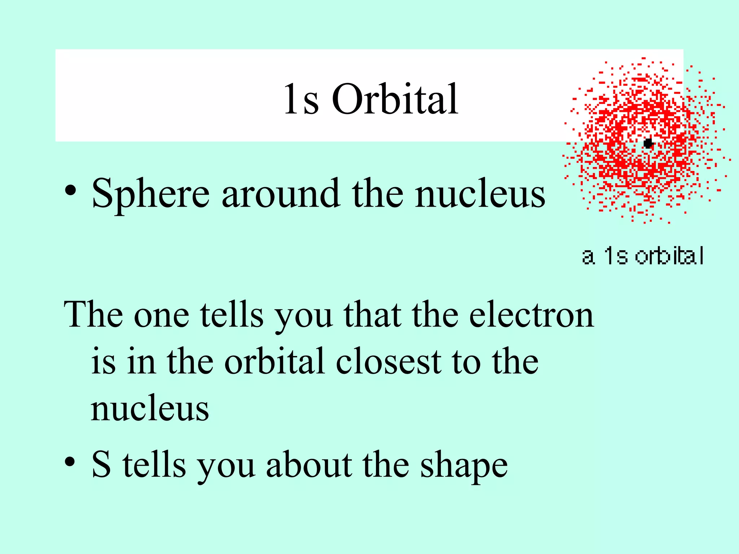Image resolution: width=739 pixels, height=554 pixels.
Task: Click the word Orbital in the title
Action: (395, 99)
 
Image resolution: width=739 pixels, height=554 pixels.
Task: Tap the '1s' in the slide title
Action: (301, 99)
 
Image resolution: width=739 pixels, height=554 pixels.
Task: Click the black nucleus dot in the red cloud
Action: (648, 143)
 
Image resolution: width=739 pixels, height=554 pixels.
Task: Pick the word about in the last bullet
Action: (309, 465)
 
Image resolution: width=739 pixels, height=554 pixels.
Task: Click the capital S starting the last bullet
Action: (101, 465)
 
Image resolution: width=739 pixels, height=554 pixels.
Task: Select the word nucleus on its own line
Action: (150, 409)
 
